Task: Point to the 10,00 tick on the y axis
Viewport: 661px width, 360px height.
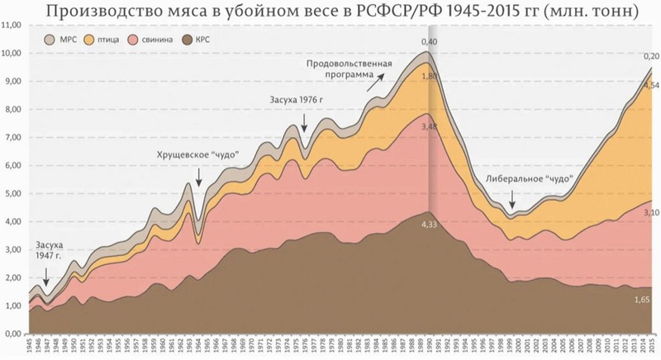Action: [x=12, y=54]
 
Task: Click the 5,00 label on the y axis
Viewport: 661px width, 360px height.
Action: [x=12, y=194]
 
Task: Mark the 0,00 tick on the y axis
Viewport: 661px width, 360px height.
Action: [x=12, y=334]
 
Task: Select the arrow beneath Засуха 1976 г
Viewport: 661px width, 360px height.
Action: [x=305, y=122]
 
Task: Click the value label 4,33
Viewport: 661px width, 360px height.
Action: [x=430, y=224]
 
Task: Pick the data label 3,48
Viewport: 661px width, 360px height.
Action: [x=430, y=126]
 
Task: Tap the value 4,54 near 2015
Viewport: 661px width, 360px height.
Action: [x=650, y=85]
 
